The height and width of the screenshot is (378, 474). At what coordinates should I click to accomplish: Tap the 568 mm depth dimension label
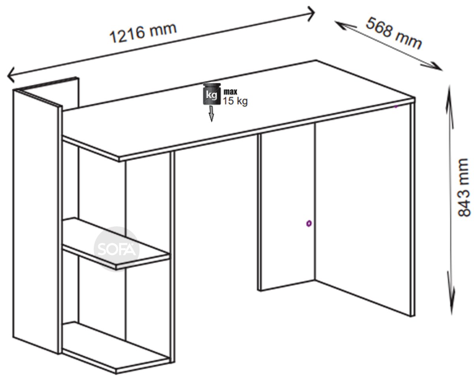click(393, 33)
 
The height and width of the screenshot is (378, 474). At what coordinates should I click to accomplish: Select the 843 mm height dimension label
click(463, 187)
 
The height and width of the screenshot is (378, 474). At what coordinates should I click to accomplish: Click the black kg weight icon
click(212, 94)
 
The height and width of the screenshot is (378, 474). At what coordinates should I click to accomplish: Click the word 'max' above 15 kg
click(230, 92)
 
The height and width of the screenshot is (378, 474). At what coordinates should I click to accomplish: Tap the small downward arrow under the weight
click(211, 114)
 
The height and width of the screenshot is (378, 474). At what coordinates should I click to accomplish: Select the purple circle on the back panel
click(309, 224)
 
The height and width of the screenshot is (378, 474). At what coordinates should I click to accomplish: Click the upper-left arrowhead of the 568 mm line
click(341, 24)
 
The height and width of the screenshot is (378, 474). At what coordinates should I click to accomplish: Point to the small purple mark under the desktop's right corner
click(395, 107)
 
